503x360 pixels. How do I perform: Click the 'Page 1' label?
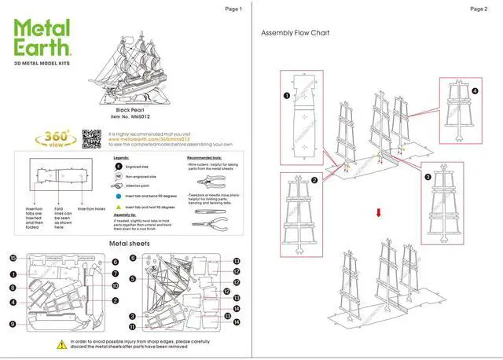pos(233,9)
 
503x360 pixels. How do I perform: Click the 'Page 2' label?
pos(479,9)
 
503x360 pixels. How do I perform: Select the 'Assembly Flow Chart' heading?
pos(295,33)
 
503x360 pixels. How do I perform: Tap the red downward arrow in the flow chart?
pos(378,212)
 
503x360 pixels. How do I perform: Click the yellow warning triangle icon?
pos(61,345)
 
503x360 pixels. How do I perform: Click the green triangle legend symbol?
pos(116,206)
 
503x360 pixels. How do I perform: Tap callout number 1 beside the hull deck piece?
pos(286,96)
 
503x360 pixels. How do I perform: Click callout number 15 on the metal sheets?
pos(13,259)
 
